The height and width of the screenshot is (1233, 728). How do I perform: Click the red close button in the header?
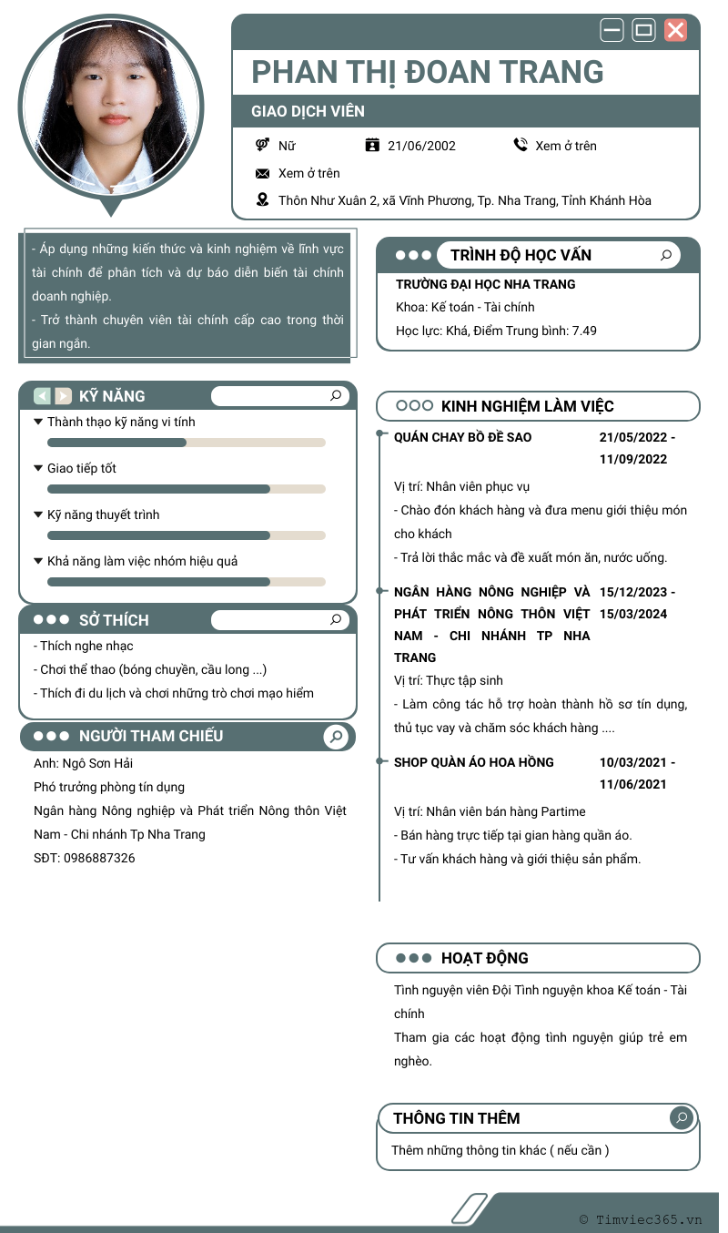click(675, 30)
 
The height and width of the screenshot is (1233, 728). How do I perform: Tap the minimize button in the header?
click(612, 30)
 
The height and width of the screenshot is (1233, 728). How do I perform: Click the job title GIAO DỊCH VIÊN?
click(308, 111)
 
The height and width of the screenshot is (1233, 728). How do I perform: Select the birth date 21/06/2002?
click(421, 146)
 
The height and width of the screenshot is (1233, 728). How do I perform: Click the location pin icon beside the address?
click(263, 200)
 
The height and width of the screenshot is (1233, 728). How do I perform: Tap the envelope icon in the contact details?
click(263, 173)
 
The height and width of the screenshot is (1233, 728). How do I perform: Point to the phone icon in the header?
click(521, 145)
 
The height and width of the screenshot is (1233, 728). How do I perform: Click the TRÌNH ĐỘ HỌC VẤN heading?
click(521, 255)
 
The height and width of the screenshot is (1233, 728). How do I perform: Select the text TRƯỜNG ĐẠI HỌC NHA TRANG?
click(485, 284)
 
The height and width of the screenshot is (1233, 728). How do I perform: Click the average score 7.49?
click(583, 331)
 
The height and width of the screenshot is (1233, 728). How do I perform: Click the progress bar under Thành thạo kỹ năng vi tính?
click(187, 443)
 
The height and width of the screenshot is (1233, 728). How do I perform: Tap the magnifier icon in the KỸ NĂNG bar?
click(336, 395)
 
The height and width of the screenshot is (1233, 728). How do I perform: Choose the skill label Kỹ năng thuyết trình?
click(103, 515)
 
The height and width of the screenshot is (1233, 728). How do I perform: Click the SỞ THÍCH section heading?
click(114, 620)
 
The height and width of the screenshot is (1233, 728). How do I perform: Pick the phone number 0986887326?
click(99, 858)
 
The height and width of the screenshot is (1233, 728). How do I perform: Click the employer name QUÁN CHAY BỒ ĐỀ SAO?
click(462, 437)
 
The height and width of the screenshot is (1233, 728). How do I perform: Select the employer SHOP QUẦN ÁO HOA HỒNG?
click(473, 762)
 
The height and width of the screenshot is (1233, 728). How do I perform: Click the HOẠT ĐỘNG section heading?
click(484, 958)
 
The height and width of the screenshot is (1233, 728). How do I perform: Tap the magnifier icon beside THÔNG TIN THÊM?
click(681, 1117)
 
